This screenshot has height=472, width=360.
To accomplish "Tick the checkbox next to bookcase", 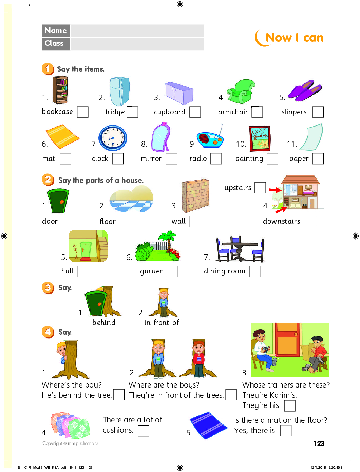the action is (83, 112).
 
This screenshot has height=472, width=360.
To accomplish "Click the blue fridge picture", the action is (119, 91).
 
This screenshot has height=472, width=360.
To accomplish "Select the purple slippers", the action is (305, 90).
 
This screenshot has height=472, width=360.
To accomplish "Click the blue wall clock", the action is (113, 138).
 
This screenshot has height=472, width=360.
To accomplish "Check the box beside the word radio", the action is (216, 159).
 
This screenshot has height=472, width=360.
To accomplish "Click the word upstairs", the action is (238, 188).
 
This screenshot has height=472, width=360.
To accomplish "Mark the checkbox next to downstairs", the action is (309, 222).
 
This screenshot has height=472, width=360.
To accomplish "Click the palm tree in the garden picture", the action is (168, 240).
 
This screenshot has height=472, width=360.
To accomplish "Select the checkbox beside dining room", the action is (255, 271).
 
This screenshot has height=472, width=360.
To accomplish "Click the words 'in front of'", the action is (162, 323).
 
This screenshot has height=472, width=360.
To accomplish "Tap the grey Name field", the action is (137, 31).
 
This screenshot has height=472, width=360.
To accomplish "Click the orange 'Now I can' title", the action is (295, 38).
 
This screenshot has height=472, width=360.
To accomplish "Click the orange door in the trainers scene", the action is (286, 340).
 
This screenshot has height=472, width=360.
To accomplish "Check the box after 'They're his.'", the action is (290, 406).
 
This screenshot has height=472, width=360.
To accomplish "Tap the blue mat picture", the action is (208, 425).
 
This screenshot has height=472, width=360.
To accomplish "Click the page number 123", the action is (319, 443).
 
